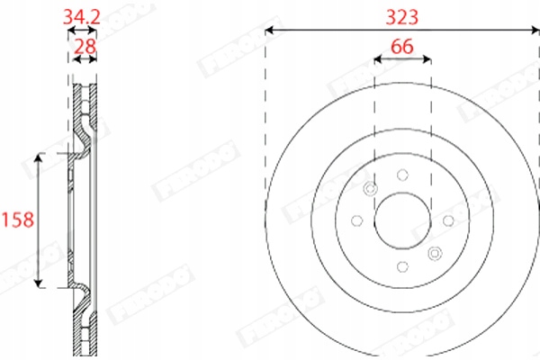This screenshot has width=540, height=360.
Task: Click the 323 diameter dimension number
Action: point(401,15)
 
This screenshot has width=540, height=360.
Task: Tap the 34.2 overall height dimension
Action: point(82,15)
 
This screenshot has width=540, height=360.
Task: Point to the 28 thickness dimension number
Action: point(85,45)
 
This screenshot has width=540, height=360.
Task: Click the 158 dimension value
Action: point(16,220)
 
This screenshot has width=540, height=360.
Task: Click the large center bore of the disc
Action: point(401,220)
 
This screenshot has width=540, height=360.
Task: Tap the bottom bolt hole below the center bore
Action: point(401,265)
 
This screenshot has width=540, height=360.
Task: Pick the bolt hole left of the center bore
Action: point(356,220)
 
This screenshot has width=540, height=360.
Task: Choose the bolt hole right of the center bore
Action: point(447,220)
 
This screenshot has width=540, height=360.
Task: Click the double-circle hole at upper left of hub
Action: point(370,188)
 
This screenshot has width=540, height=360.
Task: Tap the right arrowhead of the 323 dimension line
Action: point(535,31)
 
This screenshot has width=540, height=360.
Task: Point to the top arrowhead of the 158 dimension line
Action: point(38,157)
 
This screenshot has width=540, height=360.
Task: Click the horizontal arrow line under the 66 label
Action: point(401,59)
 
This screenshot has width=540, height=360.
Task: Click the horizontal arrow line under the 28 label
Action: point(85,59)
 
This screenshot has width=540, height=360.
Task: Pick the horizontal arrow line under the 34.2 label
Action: point(83,30)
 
